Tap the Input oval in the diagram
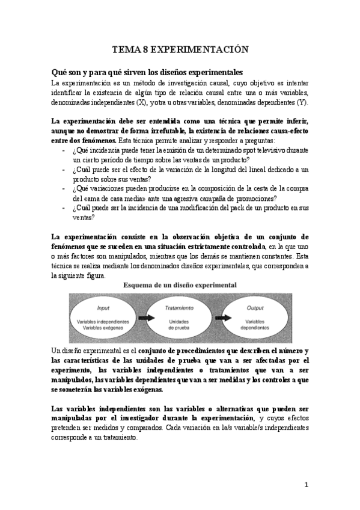pyautogui.click(x=103, y=316)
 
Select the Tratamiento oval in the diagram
pyautogui.click(x=178, y=316)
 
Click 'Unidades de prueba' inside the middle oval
pyautogui.click(x=178, y=325)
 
